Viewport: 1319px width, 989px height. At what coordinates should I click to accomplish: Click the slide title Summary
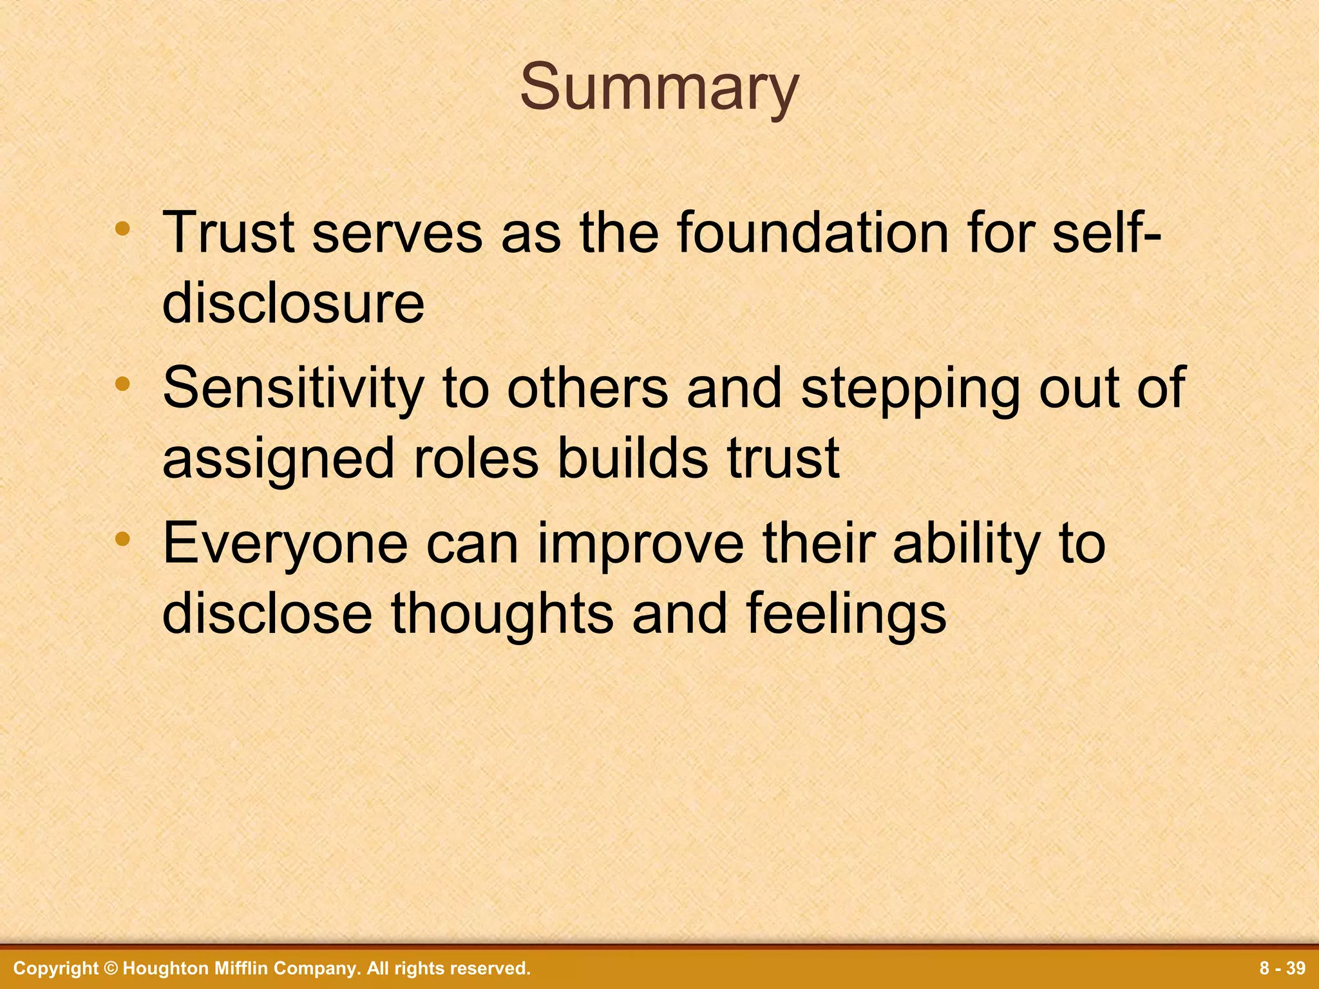tap(659, 88)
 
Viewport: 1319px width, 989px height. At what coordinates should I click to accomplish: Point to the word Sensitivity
tap(293, 388)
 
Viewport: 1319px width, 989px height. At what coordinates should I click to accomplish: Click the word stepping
tap(911, 388)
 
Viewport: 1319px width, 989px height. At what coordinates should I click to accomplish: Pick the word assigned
tap(278, 458)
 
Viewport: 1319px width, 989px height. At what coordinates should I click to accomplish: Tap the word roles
tap(475, 458)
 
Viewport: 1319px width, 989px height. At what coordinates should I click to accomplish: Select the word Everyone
tap(285, 544)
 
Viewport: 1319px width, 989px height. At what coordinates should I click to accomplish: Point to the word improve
tap(640, 544)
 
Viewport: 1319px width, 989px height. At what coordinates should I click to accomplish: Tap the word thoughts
tap(502, 614)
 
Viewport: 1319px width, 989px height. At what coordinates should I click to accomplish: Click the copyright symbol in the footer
tap(111, 968)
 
